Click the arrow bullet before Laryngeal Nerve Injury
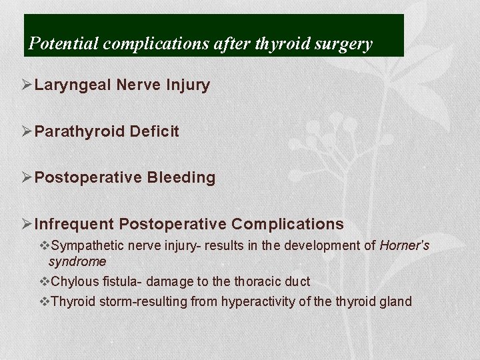(x=27, y=85)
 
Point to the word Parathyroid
(x=79, y=131)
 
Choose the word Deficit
(x=154, y=131)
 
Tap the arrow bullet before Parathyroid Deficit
(x=27, y=131)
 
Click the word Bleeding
(x=181, y=177)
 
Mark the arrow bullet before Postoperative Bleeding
(x=27, y=177)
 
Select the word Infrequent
(x=73, y=223)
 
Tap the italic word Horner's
(x=404, y=246)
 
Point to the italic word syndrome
(x=77, y=261)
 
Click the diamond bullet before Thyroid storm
(x=45, y=302)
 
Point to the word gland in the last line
(x=397, y=302)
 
